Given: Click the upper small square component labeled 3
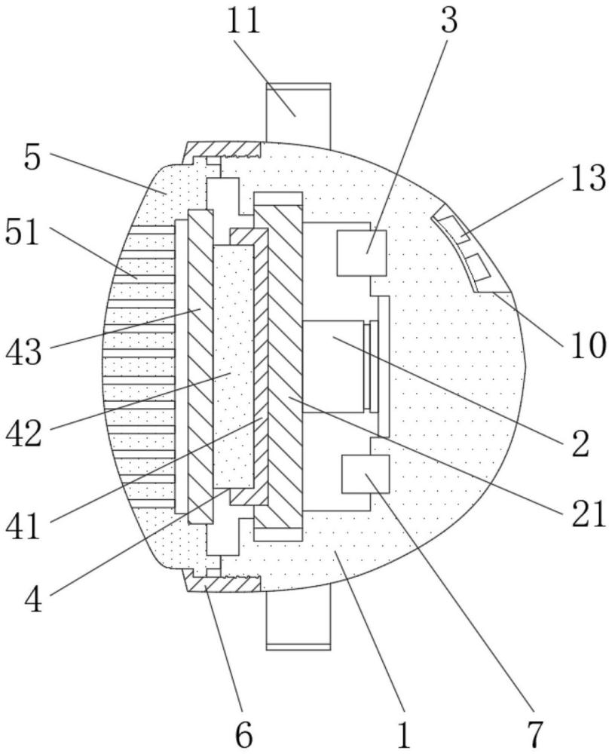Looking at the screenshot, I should pyautogui.click(x=362, y=253).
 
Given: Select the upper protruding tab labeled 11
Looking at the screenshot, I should pyautogui.click(x=298, y=113).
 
